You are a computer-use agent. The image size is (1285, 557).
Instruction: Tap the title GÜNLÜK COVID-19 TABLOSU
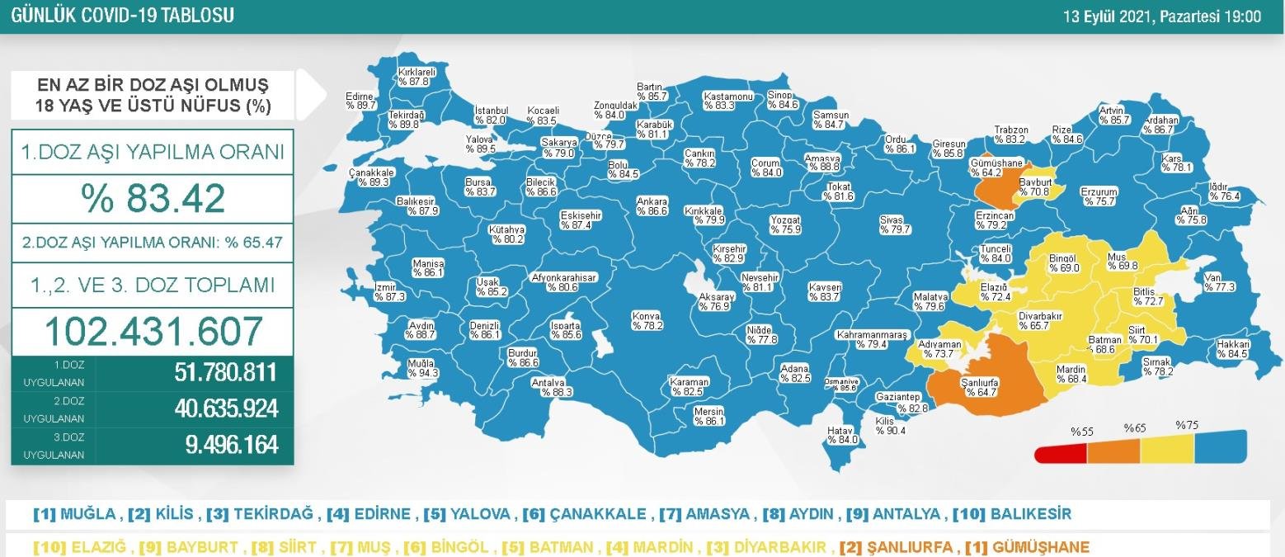click(122, 15)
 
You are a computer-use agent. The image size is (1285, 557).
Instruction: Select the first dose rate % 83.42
click(153, 198)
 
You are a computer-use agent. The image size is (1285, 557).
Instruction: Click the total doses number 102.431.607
click(153, 330)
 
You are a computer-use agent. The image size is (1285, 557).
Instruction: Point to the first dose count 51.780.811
click(225, 373)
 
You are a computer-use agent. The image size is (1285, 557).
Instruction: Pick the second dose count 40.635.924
click(225, 409)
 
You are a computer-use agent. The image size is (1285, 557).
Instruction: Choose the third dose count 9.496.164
click(231, 445)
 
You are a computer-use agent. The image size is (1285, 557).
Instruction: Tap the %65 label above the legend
click(1134, 429)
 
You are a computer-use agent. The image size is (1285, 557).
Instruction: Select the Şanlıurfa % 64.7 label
click(980, 387)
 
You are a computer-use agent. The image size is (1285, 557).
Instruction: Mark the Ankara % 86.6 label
click(652, 206)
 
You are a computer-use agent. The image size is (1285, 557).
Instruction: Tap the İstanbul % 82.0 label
click(491, 116)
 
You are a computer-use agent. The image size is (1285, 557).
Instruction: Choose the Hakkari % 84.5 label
click(1232, 348)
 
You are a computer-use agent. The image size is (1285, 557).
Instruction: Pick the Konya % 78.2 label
click(647, 320)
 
